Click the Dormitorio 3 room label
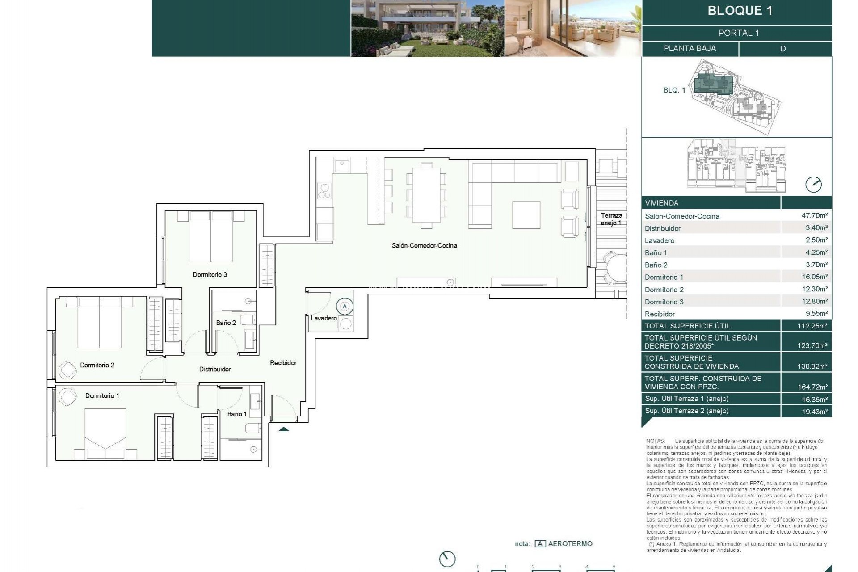point(210,274)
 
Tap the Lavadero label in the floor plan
point(324,318)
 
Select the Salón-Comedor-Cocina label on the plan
point(424,245)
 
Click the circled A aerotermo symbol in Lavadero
point(345,307)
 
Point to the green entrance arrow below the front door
point(284,429)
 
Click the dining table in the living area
point(426,195)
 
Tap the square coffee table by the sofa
point(526,215)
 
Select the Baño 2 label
point(226,323)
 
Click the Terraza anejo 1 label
point(611,219)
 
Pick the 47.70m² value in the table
point(814,215)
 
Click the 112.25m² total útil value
point(812,326)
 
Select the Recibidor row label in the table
point(660,314)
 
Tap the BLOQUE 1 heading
point(740,11)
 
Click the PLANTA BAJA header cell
point(690,48)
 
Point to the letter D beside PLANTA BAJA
point(782,49)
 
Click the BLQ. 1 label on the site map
point(674,90)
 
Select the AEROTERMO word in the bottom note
point(570,543)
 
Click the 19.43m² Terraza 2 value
point(814,412)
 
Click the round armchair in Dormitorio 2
point(68,370)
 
